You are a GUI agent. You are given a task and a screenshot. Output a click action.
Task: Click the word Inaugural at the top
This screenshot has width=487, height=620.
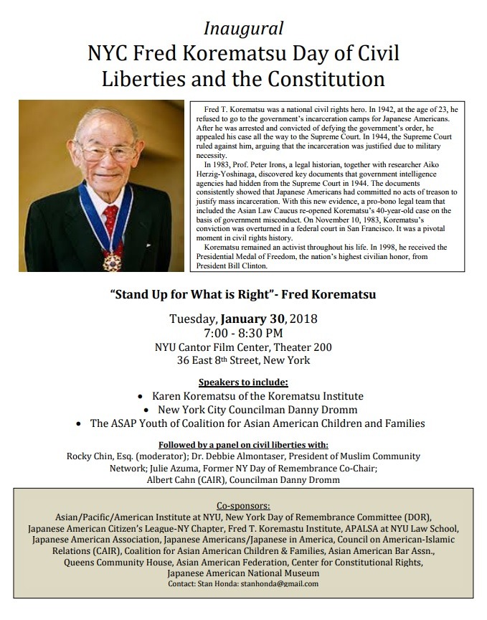[243, 29]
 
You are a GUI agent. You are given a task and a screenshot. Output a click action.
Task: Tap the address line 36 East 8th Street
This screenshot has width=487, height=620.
[243, 360]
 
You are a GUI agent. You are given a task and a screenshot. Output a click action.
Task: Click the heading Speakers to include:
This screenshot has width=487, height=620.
[243, 382]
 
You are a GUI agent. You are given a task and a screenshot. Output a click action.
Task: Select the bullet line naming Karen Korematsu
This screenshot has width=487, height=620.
[257, 395]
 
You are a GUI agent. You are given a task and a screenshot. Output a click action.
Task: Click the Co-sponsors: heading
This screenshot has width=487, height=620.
[243, 504]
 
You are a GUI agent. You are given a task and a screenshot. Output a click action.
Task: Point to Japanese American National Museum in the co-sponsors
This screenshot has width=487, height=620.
[243, 573]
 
